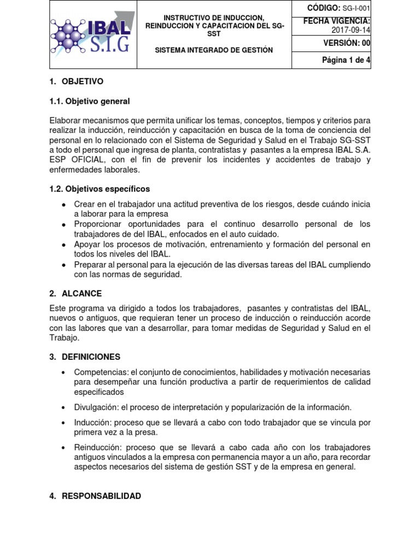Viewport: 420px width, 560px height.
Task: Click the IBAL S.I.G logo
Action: pyautogui.click(x=92, y=34)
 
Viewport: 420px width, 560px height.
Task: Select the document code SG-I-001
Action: pyautogui.click(x=356, y=8)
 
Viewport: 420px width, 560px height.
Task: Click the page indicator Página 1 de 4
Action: pyautogui.click(x=346, y=60)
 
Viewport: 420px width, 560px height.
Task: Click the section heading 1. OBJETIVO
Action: pyautogui.click(x=76, y=81)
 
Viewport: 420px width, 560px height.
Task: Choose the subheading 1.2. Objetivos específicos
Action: pyautogui.click(x=100, y=189)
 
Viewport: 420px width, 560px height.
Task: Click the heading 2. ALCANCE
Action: pyautogui.click(x=75, y=294)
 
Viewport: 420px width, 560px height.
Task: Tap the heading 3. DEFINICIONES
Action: pyautogui.click(x=85, y=357)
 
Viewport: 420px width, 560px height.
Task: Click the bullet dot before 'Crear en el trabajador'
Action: pyautogui.click(x=64, y=205)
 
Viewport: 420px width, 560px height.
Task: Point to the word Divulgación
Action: pyautogui.click(x=95, y=407)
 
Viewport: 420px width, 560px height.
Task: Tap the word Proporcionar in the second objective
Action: pyautogui.click(x=98, y=224)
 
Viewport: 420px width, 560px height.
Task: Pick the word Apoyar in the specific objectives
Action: pyautogui.click(x=86, y=244)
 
